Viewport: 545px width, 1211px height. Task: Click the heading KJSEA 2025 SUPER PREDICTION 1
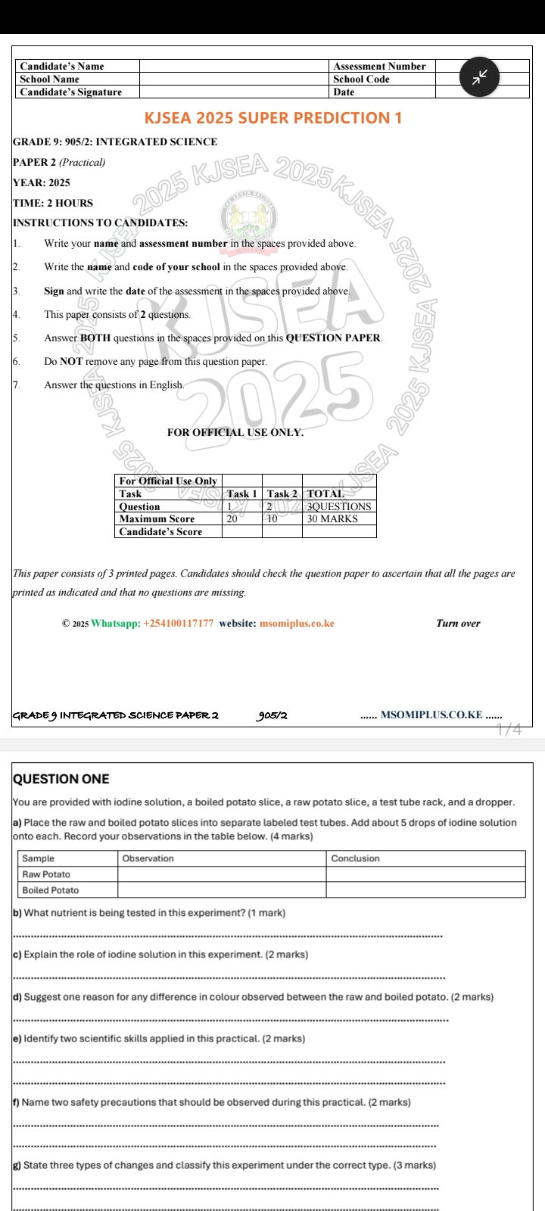[272, 118]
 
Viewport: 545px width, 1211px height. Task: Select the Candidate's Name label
[62, 67]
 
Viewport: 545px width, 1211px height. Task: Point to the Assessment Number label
[379, 67]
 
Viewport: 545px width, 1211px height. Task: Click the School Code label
[361, 79]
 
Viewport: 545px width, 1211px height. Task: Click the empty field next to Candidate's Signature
[234, 92]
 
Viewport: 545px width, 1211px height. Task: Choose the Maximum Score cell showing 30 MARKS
[332, 519]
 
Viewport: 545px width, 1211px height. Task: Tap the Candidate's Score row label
[160, 532]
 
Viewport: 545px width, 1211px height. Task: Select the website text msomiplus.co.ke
[297, 624]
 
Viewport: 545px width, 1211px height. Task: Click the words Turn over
[458, 624]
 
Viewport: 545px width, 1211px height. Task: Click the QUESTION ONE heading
[61, 779]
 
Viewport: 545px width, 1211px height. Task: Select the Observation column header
[148, 858]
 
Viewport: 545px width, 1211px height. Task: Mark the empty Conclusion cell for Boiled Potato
[425, 890]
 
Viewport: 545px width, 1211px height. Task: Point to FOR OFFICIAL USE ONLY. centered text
[235, 433]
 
